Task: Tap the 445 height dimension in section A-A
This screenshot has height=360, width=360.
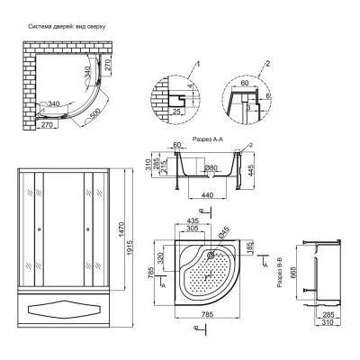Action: click(259, 169)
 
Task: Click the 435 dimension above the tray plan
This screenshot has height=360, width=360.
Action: click(193, 220)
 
